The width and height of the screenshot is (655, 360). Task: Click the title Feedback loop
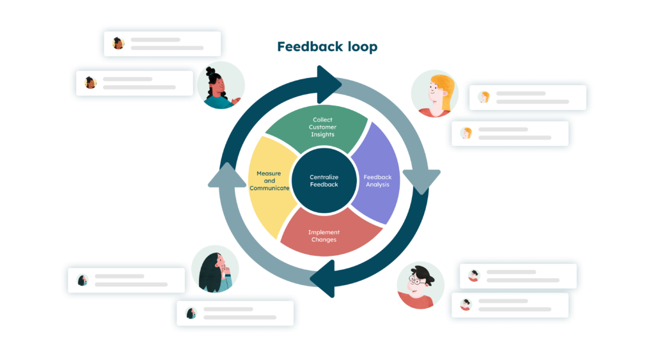pyautogui.click(x=327, y=47)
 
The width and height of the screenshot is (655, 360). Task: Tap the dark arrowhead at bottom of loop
pyautogui.click(x=324, y=279)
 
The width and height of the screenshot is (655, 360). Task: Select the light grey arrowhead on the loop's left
pyautogui.click(x=225, y=176)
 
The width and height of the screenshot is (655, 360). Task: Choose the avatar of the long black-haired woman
pyautogui.click(x=216, y=269)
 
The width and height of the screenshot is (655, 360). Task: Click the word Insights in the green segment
pyautogui.click(x=323, y=135)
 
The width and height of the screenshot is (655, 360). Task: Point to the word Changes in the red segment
pyautogui.click(x=323, y=240)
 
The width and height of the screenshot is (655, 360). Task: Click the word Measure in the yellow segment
pyautogui.click(x=269, y=173)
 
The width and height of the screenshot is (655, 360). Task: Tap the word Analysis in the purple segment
pyautogui.click(x=377, y=184)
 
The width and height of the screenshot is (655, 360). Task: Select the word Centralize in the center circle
pyautogui.click(x=324, y=176)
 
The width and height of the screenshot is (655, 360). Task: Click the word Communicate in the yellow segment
pyautogui.click(x=269, y=188)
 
